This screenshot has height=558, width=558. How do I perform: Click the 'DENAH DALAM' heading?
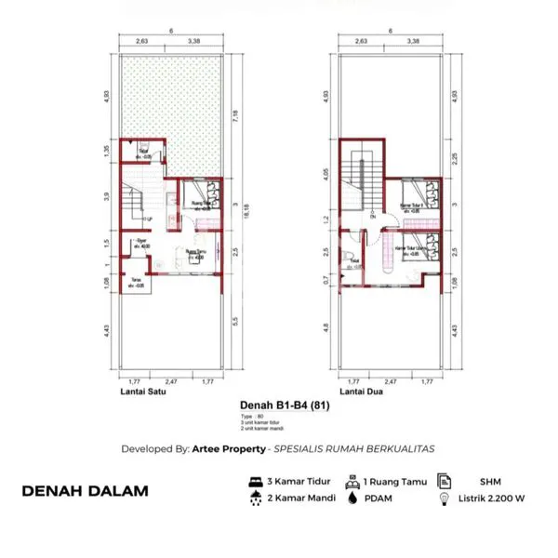[85, 491]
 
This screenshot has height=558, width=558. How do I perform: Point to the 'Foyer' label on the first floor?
[141, 242]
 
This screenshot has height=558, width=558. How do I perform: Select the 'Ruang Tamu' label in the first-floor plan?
[195, 251]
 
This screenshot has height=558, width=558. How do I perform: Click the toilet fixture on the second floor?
[347, 258]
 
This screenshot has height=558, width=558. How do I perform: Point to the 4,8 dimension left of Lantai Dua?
[327, 326]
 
